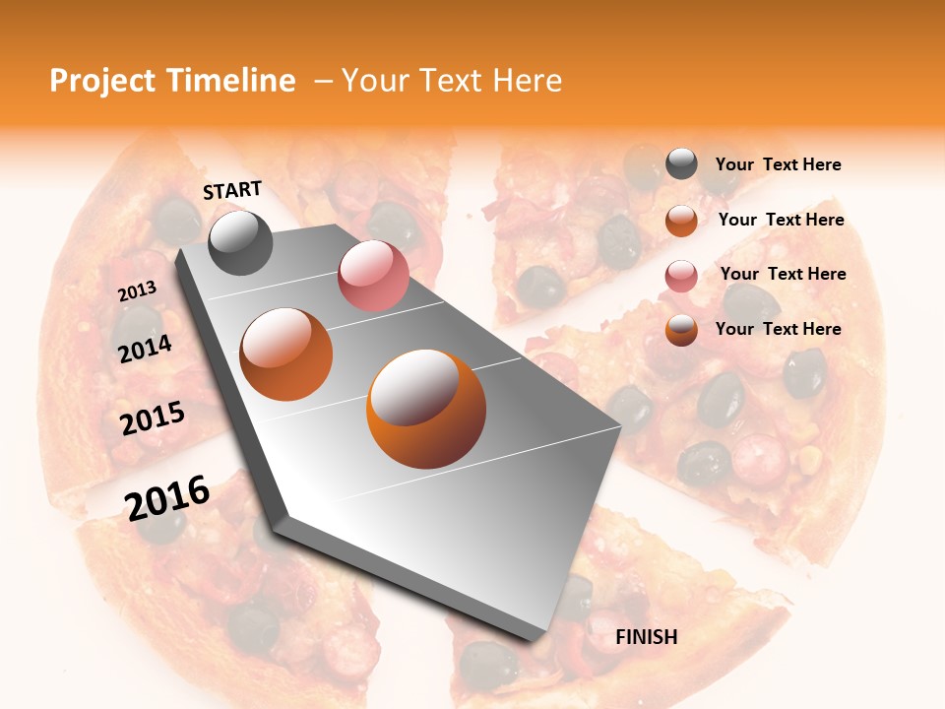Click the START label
tap(232, 190)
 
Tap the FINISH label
tap(647, 637)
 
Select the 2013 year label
tap(137, 291)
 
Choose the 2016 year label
tap(167, 497)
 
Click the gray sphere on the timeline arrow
tap(240, 242)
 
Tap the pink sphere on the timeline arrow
tap(373, 276)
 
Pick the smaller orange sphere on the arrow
tap(286, 354)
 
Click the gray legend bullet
tap(681, 164)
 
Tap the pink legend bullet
tap(681, 276)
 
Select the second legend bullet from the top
tap(681, 221)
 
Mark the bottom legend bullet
tap(681, 330)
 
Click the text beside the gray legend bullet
tap(778, 165)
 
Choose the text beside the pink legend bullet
tap(783, 274)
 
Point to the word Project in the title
tap(103, 81)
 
